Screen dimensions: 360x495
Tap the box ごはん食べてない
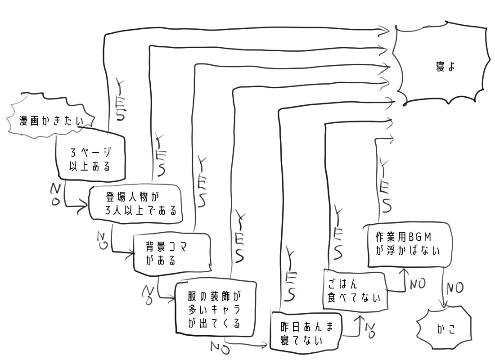(x=355, y=290)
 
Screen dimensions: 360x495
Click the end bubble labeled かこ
(x=445, y=328)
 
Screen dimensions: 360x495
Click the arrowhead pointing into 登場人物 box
(x=85, y=207)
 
